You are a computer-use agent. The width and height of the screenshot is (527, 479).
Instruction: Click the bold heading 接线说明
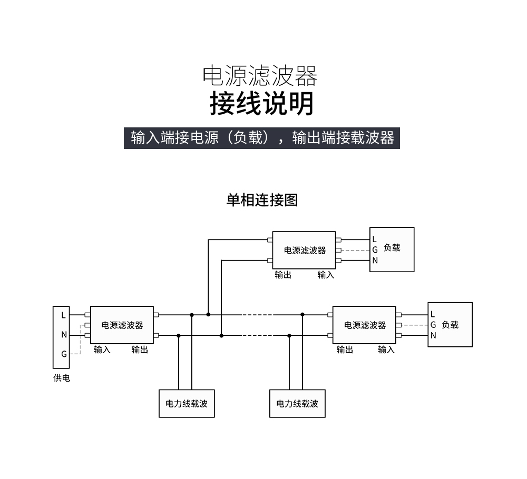[261, 104]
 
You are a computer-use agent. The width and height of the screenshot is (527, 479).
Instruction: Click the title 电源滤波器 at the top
[260, 76]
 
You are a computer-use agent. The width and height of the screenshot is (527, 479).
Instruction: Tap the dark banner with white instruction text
[262, 138]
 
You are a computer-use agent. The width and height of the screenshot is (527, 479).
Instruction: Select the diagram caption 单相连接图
[262, 201]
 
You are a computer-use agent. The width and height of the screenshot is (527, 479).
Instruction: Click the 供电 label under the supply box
[62, 378]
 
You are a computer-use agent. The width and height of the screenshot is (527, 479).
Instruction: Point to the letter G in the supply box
[64, 354]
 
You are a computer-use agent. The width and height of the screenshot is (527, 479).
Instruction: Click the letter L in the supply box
[64, 315]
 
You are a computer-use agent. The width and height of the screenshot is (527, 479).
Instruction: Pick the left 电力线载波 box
[187, 404]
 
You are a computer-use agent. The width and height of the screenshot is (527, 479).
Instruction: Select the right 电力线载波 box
[297, 404]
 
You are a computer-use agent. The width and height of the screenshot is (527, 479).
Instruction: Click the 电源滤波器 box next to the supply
[122, 325]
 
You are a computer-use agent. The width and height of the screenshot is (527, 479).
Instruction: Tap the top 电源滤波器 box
[304, 251]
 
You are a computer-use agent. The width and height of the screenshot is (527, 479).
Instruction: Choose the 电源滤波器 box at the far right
[364, 325]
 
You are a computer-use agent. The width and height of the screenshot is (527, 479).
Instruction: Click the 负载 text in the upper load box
[392, 247]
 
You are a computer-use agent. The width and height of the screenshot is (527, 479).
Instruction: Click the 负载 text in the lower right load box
[450, 325]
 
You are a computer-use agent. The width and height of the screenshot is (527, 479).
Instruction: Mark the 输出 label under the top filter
[282, 275]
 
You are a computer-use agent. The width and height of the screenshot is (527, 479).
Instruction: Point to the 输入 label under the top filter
[326, 275]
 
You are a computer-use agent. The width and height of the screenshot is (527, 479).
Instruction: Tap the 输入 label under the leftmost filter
[102, 350]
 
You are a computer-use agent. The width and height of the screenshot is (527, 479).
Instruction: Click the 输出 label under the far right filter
[345, 350]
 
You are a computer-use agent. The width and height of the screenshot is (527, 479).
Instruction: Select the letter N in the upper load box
[375, 260]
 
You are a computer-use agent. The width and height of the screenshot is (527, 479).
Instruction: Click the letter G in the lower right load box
[433, 325]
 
